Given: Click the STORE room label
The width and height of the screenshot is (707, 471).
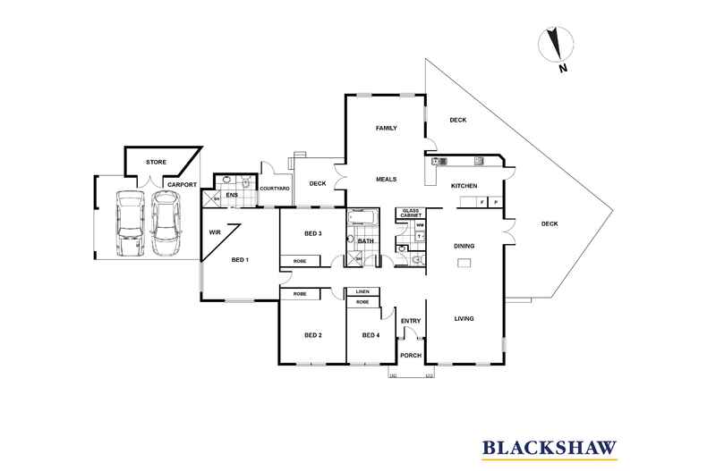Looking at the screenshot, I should coord(158,163).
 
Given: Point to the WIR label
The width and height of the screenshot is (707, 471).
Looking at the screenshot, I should coord(215,231).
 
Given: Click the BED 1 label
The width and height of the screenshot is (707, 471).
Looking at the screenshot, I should coord(240,260).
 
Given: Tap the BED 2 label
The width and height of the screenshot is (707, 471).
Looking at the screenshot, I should coord(312,335).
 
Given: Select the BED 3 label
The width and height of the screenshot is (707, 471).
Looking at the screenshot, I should coord(312,233).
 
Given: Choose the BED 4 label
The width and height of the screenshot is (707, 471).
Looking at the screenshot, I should coord(371,335).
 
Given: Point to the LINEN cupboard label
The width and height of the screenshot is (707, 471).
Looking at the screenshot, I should coord(362,292).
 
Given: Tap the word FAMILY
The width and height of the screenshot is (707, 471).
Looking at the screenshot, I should coord(386,129).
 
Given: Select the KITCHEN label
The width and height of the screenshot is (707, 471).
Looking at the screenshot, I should coord(464,186).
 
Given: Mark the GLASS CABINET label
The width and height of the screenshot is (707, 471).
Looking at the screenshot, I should coord(412,214).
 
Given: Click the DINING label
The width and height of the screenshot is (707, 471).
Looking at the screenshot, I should coord(464,246).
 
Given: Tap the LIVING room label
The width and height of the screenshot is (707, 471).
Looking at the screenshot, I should coord(464,319).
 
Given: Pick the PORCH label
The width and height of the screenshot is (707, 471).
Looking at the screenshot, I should coord(410,355).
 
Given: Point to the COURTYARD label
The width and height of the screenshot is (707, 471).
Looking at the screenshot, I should coord(275,189).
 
